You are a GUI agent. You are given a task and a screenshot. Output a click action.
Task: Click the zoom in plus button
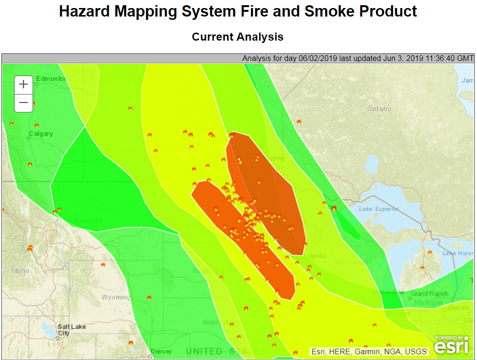[x=24, y=85]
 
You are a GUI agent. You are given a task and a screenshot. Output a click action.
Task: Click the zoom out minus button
[x=24, y=103]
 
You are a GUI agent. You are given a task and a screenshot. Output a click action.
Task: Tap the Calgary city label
[x=41, y=134]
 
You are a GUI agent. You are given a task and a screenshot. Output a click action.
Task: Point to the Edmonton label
[x=51, y=79]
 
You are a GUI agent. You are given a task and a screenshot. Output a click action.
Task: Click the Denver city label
[x=162, y=351]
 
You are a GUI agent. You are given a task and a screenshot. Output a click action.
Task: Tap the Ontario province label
[x=379, y=109]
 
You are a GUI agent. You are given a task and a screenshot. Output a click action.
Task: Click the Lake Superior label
[x=378, y=209]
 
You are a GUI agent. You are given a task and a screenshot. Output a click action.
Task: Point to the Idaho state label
[x=20, y=271]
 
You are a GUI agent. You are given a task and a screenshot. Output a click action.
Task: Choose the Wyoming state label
[x=115, y=297]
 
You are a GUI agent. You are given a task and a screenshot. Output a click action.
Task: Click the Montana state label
[x=88, y=221]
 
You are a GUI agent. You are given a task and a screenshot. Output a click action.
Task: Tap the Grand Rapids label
[x=429, y=294]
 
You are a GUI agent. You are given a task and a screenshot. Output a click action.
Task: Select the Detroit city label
[x=459, y=308]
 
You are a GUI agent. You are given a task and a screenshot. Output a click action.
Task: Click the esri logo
[x=451, y=345]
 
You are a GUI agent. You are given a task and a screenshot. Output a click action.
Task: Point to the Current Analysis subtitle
[x=238, y=37]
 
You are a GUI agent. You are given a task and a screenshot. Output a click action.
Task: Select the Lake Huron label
[x=458, y=254]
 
